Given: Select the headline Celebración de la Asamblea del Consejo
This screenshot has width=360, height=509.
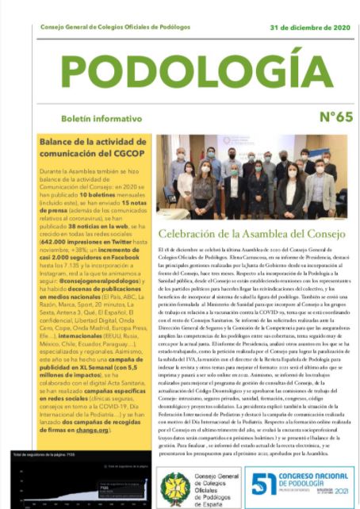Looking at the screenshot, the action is pos(251,234).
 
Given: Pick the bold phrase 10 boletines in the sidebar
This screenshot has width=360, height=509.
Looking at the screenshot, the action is pos(107,194).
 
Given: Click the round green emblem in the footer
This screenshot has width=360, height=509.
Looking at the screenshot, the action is pos(175,485).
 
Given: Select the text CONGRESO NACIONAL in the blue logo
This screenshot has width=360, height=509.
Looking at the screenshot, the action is pos(315,473).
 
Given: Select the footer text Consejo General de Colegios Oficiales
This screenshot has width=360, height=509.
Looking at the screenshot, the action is pos(216,485).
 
